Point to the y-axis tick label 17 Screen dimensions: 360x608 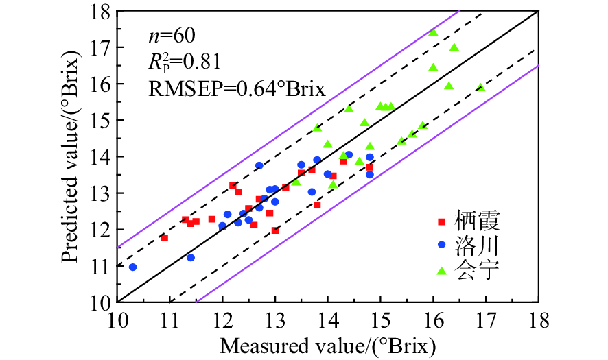102,47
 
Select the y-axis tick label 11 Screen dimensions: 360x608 102,265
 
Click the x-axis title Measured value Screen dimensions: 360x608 327,346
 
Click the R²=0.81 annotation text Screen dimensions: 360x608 185,62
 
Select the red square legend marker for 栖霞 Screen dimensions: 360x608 442,221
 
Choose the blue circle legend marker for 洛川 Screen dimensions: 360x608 442,245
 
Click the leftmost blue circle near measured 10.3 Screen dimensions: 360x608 133,267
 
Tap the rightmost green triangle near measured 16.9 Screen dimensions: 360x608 480,87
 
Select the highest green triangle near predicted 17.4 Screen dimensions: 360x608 433,32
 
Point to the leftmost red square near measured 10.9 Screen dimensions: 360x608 165,237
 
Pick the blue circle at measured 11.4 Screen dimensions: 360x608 191,257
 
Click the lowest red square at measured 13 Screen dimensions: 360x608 275,230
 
